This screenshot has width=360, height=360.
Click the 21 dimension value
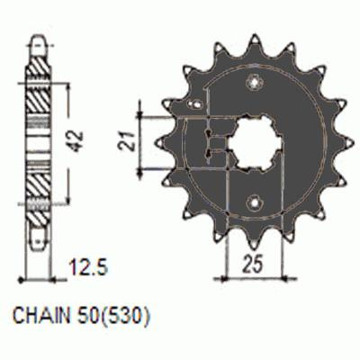(x=125, y=141)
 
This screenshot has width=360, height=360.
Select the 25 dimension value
(x=253, y=264)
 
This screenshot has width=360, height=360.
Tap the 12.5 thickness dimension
(x=88, y=267)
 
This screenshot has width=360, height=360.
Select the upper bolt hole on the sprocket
(x=255, y=82)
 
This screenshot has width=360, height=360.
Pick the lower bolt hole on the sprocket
(x=255, y=203)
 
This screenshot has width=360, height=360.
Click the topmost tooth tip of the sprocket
(x=255, y=38)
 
